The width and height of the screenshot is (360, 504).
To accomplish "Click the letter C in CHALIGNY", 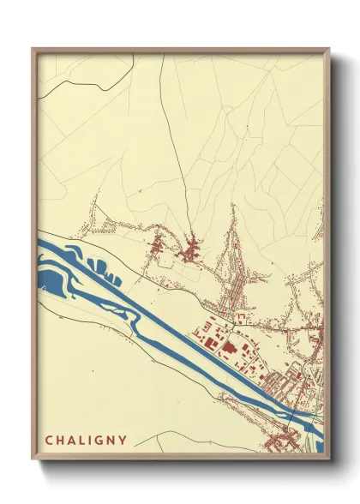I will point(49,441).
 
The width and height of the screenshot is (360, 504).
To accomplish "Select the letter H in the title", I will point(62,441).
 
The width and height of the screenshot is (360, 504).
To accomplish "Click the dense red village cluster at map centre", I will point(190,252).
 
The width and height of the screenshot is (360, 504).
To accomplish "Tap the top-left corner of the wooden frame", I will point(33,49).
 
